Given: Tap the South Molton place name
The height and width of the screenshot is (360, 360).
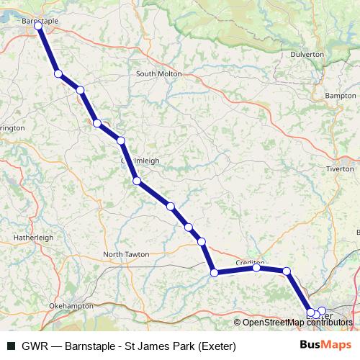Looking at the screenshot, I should click(x=158, y=73).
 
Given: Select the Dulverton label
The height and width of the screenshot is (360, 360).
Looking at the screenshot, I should click(x=307, y=54).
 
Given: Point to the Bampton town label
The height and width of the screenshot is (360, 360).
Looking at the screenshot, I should click(x=341, y=95).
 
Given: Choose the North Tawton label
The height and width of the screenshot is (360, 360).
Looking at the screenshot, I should click(x=126, y=254).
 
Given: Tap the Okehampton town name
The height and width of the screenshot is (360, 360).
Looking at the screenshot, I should click(x=71, y=306).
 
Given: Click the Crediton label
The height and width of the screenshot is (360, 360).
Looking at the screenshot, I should click(x=251, y=263).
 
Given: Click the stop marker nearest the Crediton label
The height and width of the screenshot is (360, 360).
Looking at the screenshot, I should click(x=256, y=268).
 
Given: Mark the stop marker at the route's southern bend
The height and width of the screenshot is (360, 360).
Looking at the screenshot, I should click(x=214, y=272).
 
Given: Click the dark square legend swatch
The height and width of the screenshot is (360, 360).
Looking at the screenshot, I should click(x=11, y=345).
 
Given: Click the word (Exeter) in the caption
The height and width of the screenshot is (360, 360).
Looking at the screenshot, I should click(x=212, y=345).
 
